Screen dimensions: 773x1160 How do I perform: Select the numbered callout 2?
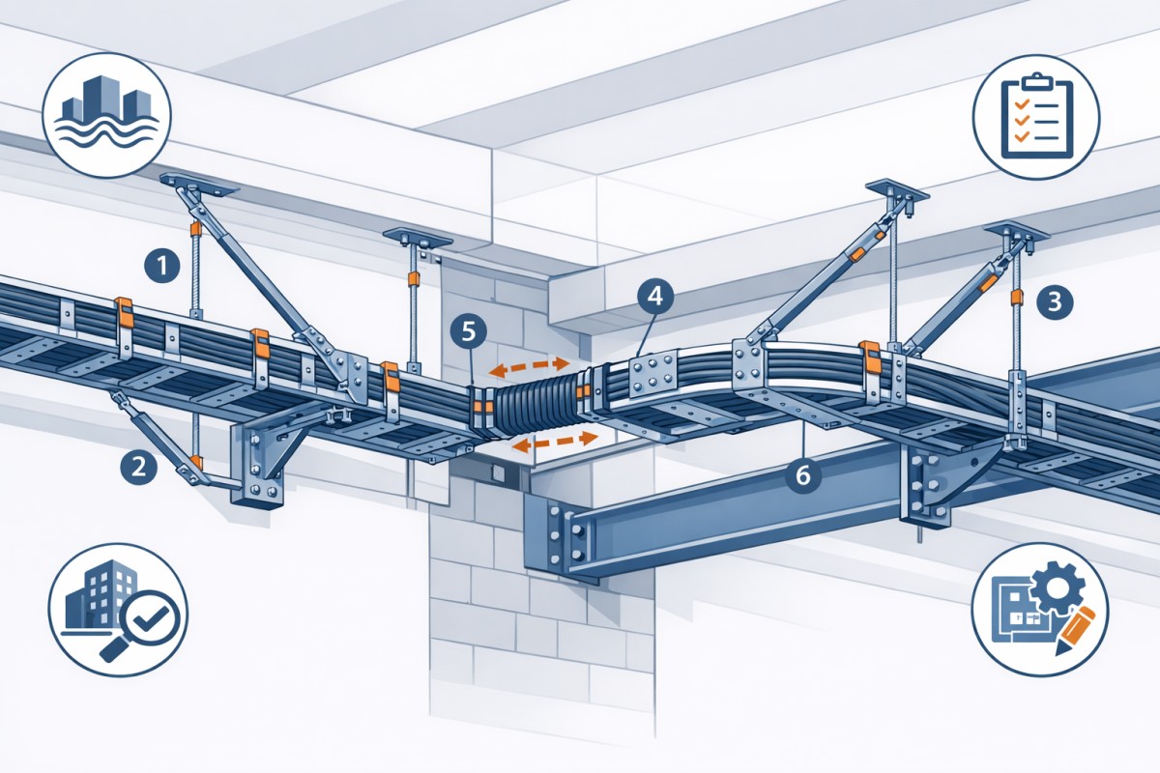coord(138,468)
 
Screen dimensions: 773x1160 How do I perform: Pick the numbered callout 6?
coord(804,474)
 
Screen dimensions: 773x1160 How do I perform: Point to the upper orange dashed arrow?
coord(528,366)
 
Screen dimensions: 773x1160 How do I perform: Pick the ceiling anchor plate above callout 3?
coord(1015,231)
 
